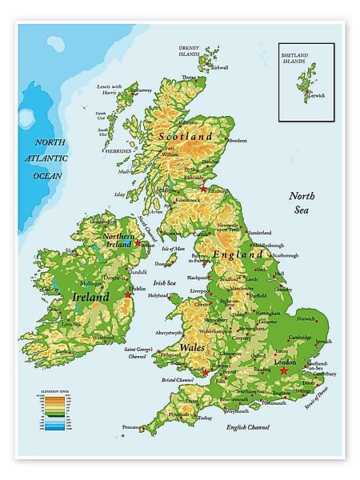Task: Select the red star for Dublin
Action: [x=128, y=294]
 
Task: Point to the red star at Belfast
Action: [x=137, y=242]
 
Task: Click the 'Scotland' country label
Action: [x=186, y=136]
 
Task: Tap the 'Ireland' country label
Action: [x=90, y=296]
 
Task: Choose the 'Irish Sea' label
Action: [x=164, y=282]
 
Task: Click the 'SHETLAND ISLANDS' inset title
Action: [x=300, y=58]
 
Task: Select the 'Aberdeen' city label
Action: [x=238, y=140]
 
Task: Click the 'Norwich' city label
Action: [x=306, y=318]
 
